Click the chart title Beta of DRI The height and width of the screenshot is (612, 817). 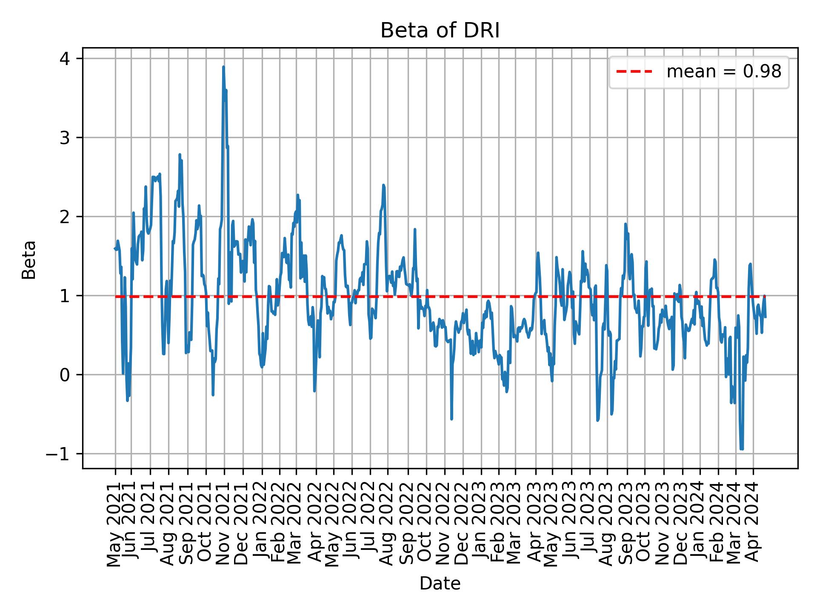coord(440,31)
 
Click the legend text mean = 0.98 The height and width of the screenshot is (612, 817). coord(724,72)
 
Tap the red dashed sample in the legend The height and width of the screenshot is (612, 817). coord(634,72)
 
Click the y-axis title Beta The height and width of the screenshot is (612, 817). coord(29,260)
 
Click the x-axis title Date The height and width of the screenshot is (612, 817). coord(440,584)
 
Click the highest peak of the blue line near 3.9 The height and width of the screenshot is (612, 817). coord(223,67)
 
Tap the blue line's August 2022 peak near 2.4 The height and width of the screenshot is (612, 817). coord(383,185)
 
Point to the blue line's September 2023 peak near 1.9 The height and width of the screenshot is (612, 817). coord(626,224)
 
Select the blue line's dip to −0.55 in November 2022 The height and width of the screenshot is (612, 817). coord(451,419)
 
